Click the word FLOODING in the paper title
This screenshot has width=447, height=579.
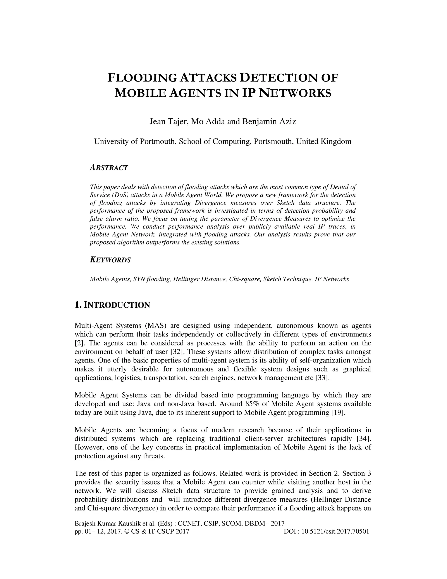coord(142,78)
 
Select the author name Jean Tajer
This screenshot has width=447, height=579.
coord(168,121)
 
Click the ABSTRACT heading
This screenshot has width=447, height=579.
coord(109,168)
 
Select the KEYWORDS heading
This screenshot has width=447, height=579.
coord(110,260)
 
